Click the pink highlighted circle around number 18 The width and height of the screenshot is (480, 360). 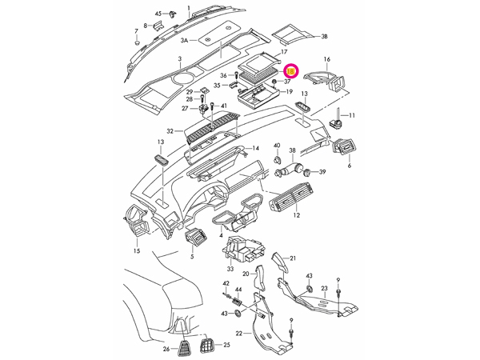pyautogui.click(x=290, y=71)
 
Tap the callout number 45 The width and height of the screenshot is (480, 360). pyautogui.click(x=158, y=14)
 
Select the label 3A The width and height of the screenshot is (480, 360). pyautogui.click(x=184, y=40)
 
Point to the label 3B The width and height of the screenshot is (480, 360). pyautogui.click(x=324, y=37)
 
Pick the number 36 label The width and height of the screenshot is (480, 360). pyautogui.click(x=202, y=75)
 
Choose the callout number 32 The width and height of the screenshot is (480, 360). pyautogui.click(x=170, y=130)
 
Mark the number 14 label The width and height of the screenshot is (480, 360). pyautogui.click(x=256, y=149)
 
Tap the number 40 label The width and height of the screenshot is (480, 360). pyautogui.click(x=277, y=146)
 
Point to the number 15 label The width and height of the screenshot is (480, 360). pyautogui.click(x=137, y=251)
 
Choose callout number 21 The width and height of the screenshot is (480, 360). pyautogui.click(x=294, y=258)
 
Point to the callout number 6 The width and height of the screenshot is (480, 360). pyautogui.click(x=349, y=166)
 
